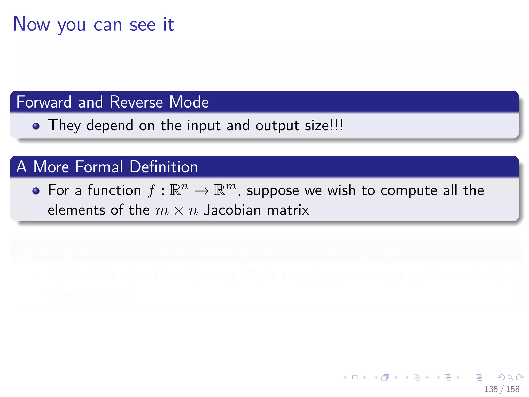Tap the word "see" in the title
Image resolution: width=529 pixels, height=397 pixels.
pyautogui.click(x=143, y=25)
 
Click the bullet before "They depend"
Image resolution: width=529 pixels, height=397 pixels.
pyautogui.click(x=36, y=126)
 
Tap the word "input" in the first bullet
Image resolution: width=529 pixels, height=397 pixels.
pyautogui.click(x=204, y=126)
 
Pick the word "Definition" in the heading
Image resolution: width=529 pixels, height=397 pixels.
pyautogui.click(x=164, y=167)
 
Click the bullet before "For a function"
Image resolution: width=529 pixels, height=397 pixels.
pyautogui.click(x=36, y=191)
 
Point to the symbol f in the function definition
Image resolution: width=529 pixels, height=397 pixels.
pyautogui.click(x=152, y=191)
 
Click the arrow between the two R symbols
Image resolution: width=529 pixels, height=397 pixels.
pyautogui.click(x=201, y=191)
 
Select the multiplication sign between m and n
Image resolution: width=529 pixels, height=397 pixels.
pyautogui.click(x=178, y=211)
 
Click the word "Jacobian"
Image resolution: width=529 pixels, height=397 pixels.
pyautogui.click(x=232, y=210)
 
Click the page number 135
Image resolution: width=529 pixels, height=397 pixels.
pyautogui.click(x=491, y=389)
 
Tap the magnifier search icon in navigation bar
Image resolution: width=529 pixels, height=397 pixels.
pyautogui.click(x=510, y=377)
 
